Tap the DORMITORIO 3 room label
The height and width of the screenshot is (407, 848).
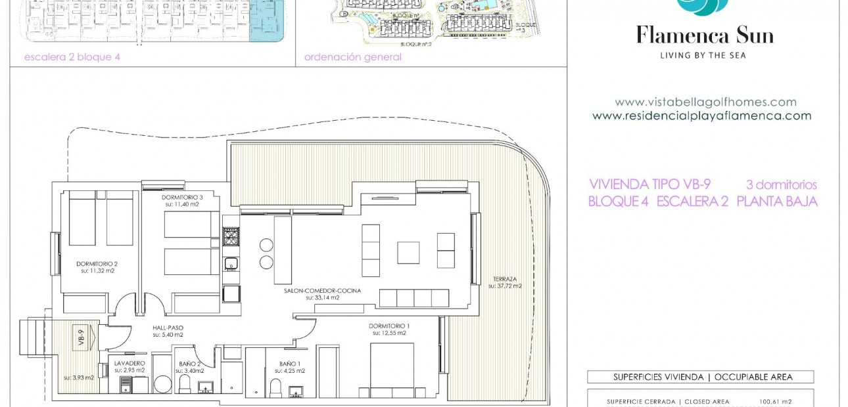pyautogui.click(x=182, y=197)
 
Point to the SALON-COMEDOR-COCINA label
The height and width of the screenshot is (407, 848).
pyautogui.click(x=322, y=290)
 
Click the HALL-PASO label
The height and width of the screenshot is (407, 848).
pyautogui.click(x=168, y=328)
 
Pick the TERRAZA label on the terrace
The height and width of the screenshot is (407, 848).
pyautogui.click(x=504, y=279)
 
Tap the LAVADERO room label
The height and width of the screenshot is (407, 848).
pyautogui.click(x=129, y=363)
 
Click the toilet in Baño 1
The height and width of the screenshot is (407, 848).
pyautogui.click(x=276, y=387)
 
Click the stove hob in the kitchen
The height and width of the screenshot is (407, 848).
pyautogui.click(x=231, y=236)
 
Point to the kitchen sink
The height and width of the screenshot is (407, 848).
pyautogui.click(x=231, y=264)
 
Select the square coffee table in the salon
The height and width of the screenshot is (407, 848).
pyautogui.click(x=408, y=253)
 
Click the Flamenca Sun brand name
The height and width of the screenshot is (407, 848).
pyautogui.click(x=704, y=35)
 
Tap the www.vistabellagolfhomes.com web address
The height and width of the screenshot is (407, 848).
pyautogui.click(x=705, y=102)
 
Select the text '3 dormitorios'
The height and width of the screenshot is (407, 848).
pyautogui.click(x=781, y=185)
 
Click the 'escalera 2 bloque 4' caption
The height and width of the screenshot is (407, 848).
pyautogui.click(x=72, y=57)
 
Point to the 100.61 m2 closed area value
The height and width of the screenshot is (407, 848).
pyautogui.click(x=775, y=402)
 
